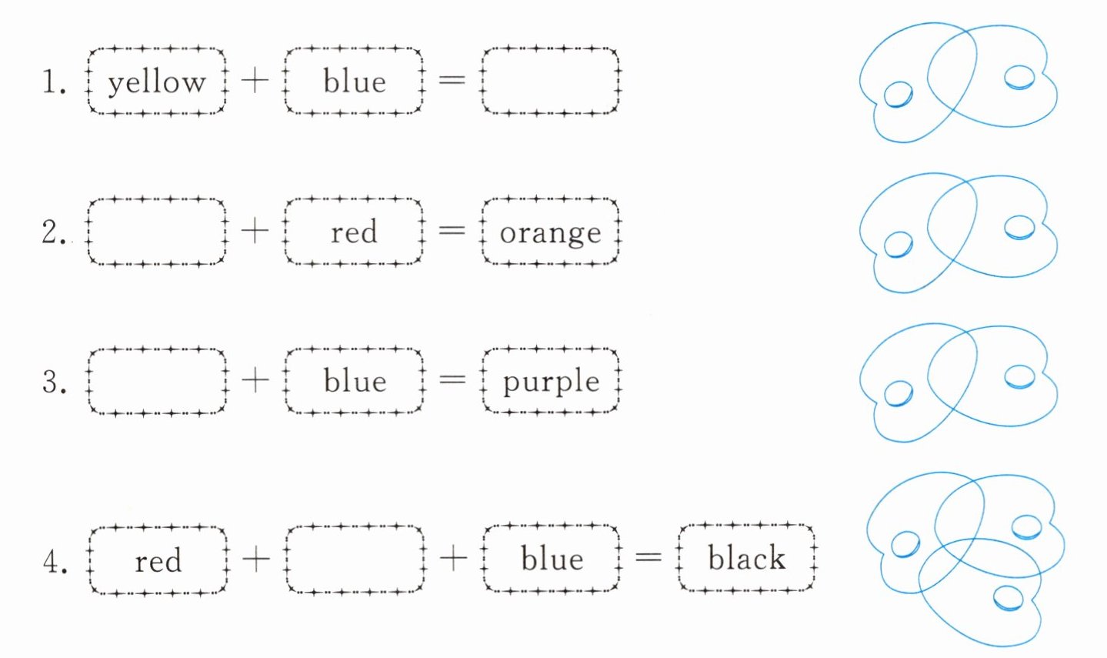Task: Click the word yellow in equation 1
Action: click(157, 82)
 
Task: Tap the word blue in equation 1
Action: click(355, 81)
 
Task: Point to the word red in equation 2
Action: click(354, 232)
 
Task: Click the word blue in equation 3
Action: click(355, 381)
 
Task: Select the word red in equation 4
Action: click(158, 561)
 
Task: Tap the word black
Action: click(746, 558)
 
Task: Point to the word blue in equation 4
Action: click(552, 559)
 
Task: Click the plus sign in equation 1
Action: click(255, 81)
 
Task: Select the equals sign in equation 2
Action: click(452, 230)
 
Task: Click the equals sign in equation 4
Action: click(649, 558)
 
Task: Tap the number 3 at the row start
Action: click(53, 382)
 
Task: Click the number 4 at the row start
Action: click(55, 562)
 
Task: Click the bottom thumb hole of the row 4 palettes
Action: click(1009, 599)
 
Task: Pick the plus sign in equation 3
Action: click(255, 381)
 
